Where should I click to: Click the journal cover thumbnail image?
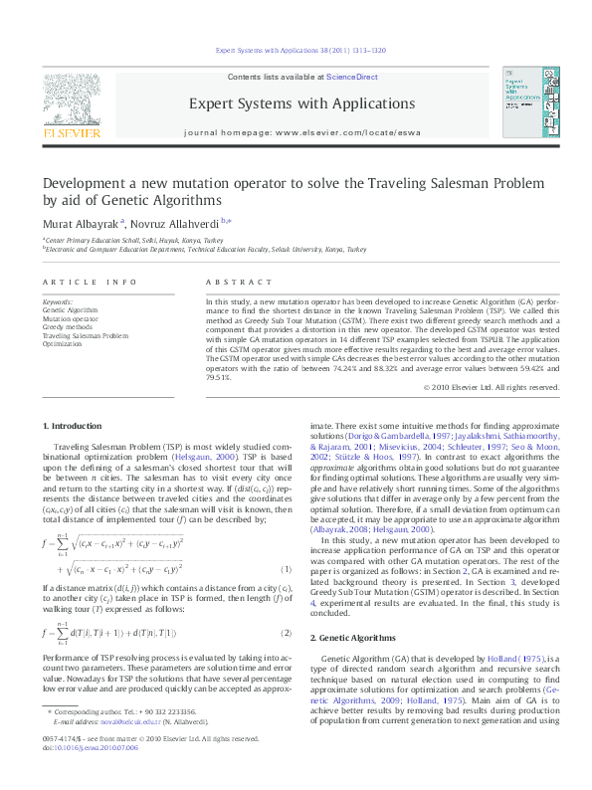pyautogui.click(x=530, y=103)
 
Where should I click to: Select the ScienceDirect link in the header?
pyautogui.click(x=352, y=77)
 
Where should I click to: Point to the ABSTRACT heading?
pyautogui.click(x=230, y=283)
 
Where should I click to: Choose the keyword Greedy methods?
pyautogui.click(x=67, y=326)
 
